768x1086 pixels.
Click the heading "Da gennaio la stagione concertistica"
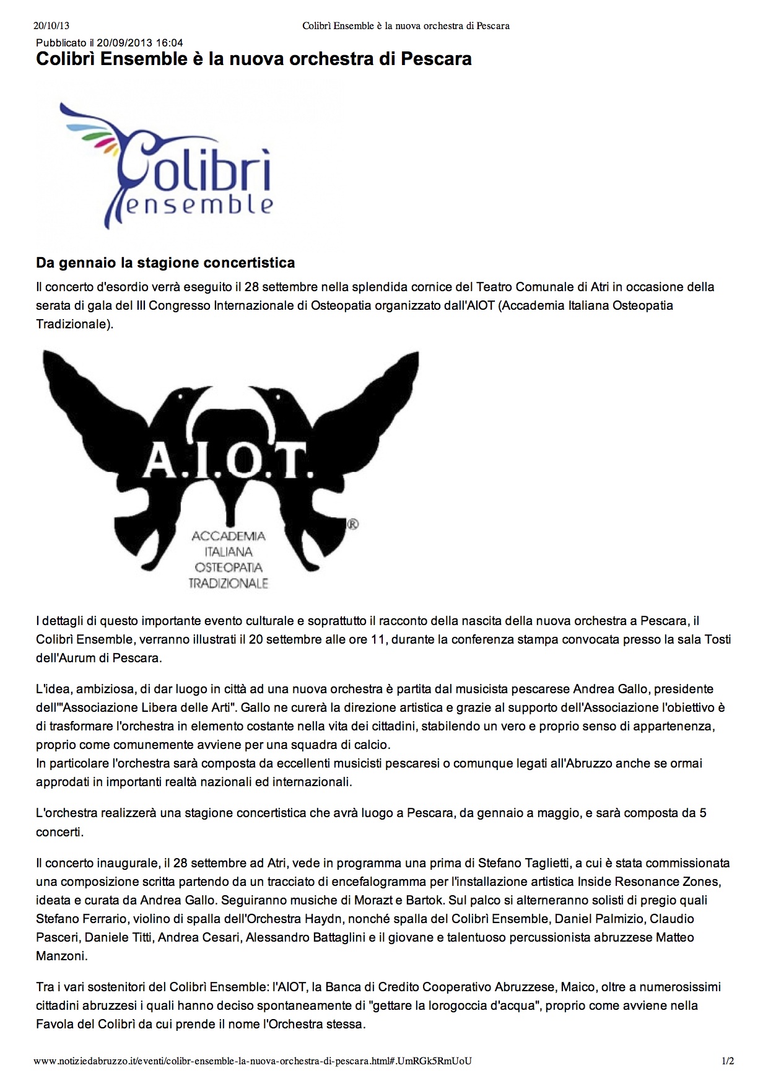[x=165, y=263]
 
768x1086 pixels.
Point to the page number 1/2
[x=727, y=1061]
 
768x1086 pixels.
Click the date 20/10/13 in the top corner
[x=51, y=25]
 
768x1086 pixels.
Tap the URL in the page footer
[x=253, y=1061]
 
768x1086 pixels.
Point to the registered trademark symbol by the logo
[x=353, y=525]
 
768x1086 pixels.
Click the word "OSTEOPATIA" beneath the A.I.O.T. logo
[x=229, y=567]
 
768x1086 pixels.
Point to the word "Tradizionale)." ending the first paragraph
[x=74, y=324]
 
